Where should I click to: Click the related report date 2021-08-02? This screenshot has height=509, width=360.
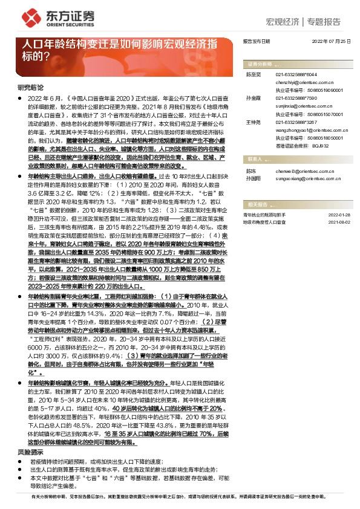point(339,222)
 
